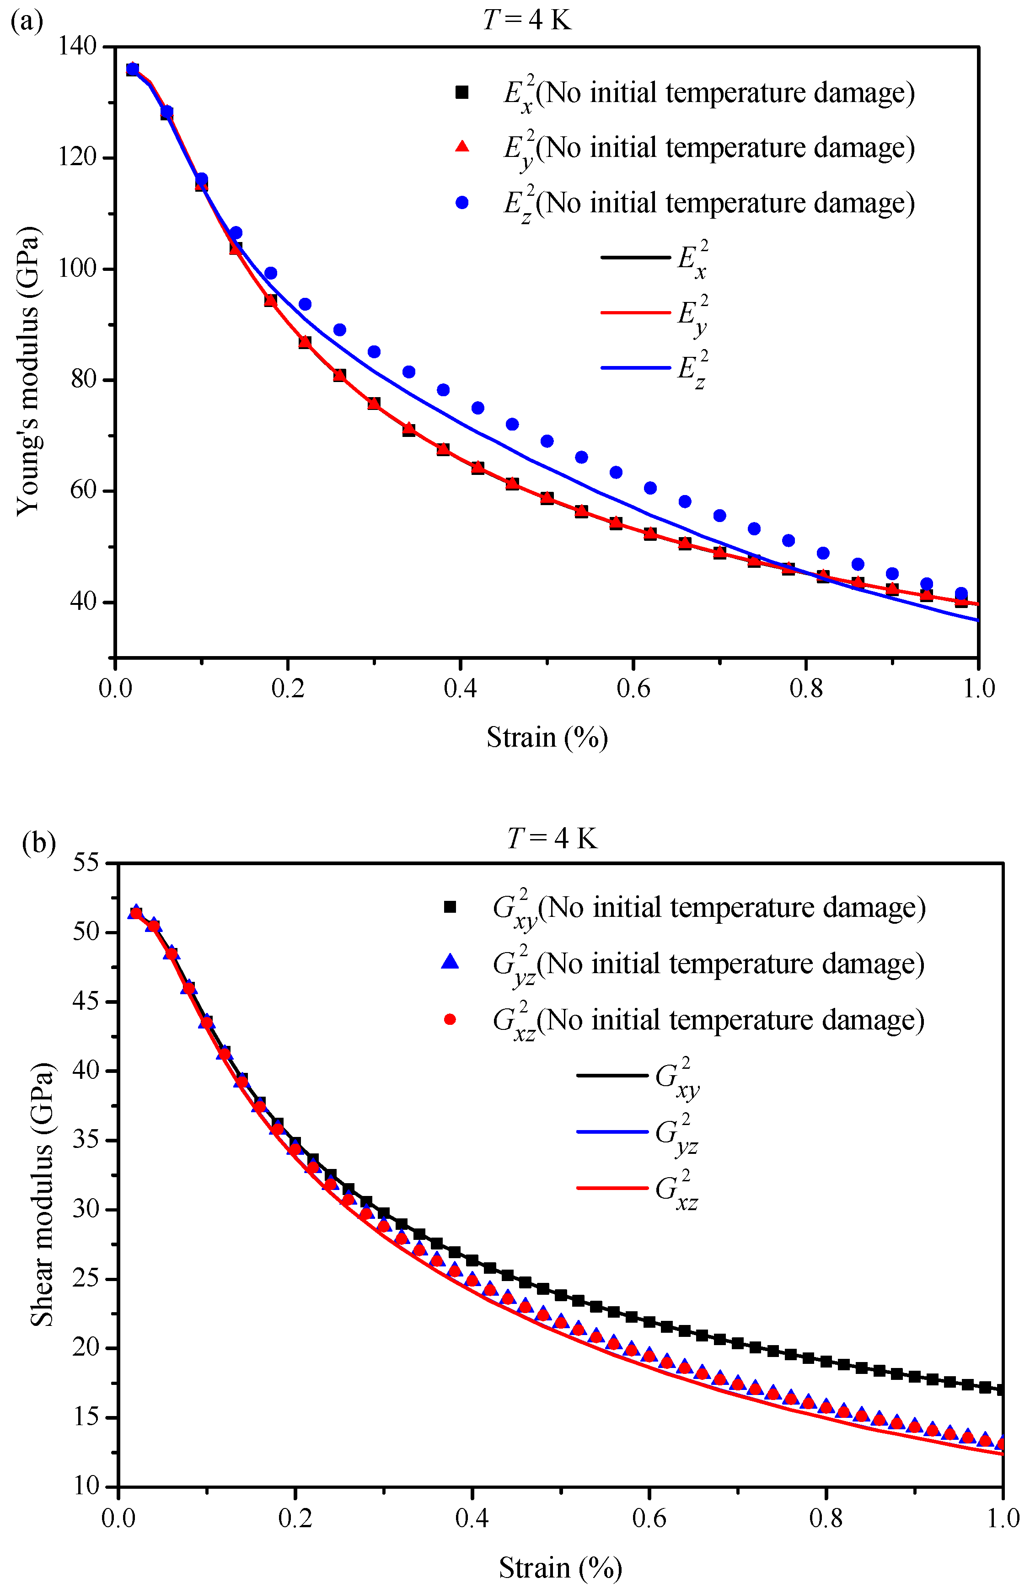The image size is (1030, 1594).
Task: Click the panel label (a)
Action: (x=27, y=22)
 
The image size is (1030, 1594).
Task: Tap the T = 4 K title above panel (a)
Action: (x=527, y=20)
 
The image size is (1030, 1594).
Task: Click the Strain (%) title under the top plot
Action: (x=547, y=737)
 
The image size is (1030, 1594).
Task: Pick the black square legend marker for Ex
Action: (x=461, y=92)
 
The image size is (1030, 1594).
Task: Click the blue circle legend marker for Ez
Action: (x=461, y=203)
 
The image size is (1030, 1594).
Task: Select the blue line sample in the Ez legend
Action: (x=635, y=368)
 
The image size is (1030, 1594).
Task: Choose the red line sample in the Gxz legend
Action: (x=612, y=1189)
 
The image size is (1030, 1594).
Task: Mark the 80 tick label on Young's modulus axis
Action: (x=83, y=379)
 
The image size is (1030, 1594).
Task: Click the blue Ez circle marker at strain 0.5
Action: (x=547, y=441)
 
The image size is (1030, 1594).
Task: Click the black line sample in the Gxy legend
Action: (x=612, y=1076)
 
